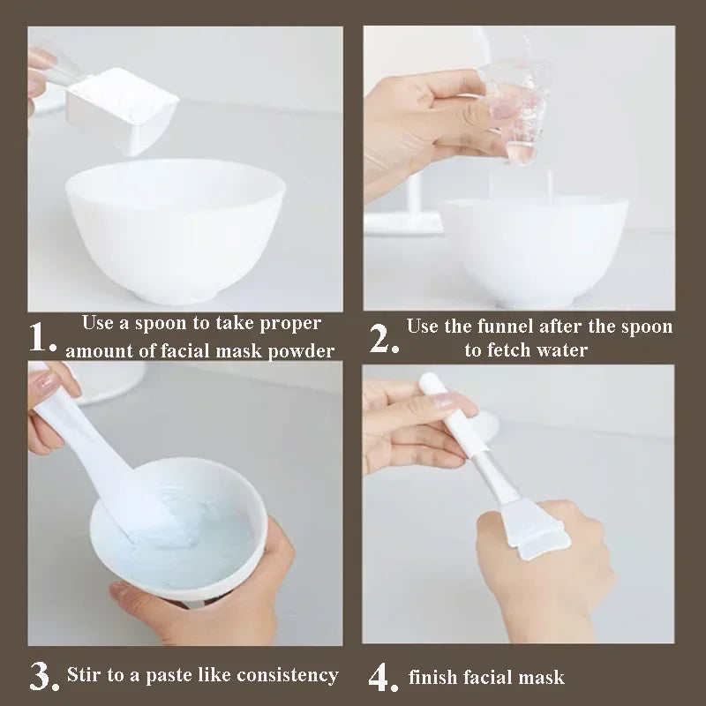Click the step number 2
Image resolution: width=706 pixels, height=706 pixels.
[x=380, y=338]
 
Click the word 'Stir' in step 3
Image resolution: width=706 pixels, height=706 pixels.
[x=85, y=675]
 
